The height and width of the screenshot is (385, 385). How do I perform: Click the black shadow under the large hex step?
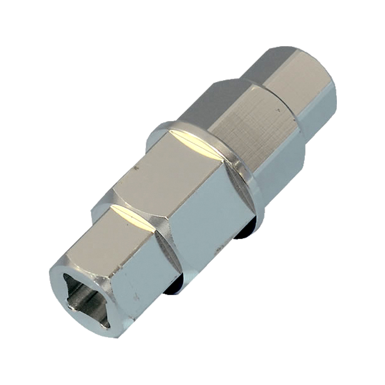pyautogui.click(x=173, y=287)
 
